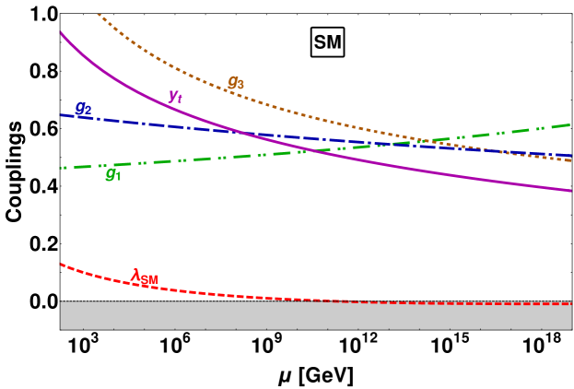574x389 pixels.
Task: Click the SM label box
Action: (x=327, y=42)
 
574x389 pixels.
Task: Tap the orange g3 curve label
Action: (x=236, y=83)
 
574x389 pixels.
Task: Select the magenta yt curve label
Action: (x=175, y=96)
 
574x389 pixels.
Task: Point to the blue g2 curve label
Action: (x=83, y=108)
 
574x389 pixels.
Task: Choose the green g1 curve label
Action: (x=113, y=174)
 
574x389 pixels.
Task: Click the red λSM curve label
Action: (x=145, y=277)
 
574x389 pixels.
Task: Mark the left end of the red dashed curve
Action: (x=61, y=265)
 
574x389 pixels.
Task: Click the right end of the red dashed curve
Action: (x=571, y=304)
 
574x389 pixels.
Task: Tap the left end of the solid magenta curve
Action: (x=61, y=32)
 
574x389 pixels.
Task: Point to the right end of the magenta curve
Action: (x=571, y=192)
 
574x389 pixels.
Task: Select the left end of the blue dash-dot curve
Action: (x=61, y=115)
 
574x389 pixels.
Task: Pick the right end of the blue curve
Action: (x=571, y=155)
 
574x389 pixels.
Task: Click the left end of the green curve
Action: (x=61, y=168)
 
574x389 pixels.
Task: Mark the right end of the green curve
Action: (x=571, y=124)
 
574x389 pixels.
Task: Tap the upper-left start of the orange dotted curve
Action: (x=98, y=15)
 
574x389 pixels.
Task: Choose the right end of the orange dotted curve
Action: (x=571, y=160)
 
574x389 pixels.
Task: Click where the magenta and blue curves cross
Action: (x=241, y=133)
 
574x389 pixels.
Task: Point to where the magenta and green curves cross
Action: (x=309, y=150)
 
